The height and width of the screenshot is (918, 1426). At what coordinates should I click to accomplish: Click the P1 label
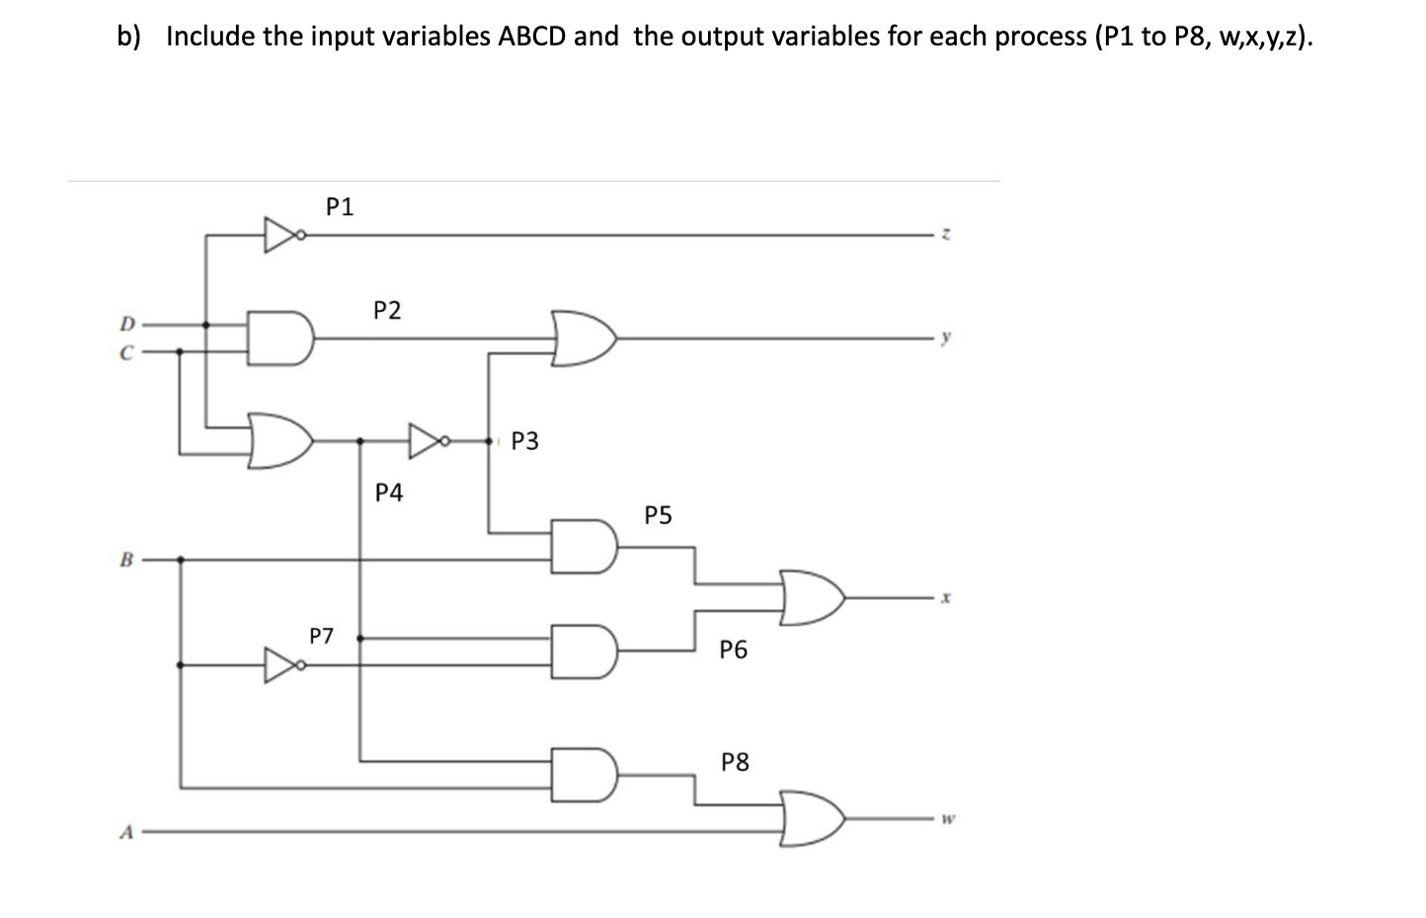340,207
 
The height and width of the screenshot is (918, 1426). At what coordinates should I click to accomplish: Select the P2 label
387,311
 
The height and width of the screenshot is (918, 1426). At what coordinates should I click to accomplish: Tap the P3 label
525,441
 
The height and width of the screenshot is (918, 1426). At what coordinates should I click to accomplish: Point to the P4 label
389,493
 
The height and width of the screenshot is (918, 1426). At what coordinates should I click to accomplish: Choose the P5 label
658,515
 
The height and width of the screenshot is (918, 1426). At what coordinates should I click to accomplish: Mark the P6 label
734,650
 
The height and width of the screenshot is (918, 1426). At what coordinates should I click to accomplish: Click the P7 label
322,636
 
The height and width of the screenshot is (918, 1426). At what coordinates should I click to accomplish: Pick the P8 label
735,762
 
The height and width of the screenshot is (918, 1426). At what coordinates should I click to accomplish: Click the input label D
125,323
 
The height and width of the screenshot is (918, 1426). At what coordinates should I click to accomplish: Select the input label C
125,350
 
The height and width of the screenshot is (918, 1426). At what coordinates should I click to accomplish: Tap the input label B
125,560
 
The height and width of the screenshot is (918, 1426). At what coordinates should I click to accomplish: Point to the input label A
125,831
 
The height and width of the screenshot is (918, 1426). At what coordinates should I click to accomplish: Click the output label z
946,235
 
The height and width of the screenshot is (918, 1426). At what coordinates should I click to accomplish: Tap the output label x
946,597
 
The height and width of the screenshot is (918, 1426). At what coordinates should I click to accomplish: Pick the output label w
946,818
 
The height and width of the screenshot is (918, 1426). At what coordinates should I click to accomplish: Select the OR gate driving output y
585,338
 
